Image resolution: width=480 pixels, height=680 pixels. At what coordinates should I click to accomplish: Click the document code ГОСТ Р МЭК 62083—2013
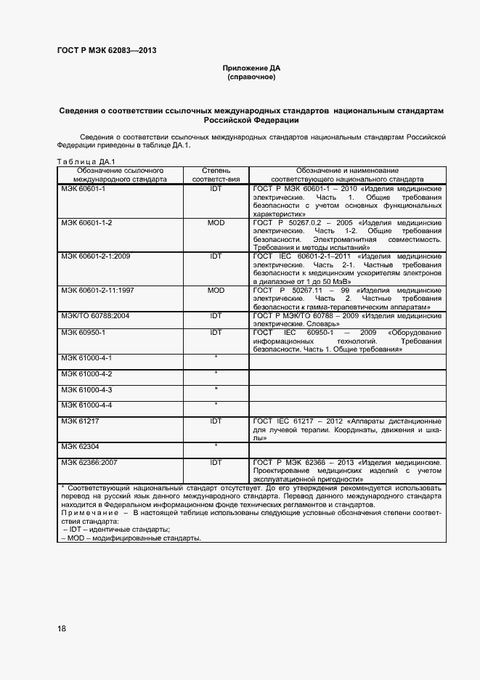[106, 50]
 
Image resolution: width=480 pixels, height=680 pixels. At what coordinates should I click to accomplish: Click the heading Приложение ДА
[251, 68]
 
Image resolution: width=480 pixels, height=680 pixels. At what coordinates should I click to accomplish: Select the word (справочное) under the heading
[251, 77]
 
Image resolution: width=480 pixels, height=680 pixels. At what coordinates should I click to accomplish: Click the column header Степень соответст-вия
[216, 174]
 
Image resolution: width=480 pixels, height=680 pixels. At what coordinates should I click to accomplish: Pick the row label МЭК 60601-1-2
[86, 222]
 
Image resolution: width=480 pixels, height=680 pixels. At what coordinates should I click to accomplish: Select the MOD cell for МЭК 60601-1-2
[216, 222]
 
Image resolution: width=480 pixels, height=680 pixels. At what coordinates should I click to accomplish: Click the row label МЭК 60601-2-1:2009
[95, 256]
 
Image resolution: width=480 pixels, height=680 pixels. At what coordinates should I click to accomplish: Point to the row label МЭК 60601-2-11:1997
[97, 291]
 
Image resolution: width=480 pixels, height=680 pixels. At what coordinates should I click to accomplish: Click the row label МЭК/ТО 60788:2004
[94, 316]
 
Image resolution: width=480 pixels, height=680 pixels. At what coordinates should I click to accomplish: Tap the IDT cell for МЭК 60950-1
[216, 333]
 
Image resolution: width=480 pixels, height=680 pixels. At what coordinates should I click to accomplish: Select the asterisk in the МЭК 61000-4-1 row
[216, 358]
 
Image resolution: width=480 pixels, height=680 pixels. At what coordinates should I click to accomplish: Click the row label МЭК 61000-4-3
[86, 390]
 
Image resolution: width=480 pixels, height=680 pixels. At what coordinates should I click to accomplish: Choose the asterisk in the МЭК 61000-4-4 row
[216, 405]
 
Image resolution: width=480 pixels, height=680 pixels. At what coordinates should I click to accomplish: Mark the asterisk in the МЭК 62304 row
[216, 445]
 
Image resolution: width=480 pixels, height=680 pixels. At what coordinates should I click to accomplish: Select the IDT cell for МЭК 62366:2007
[216, 462]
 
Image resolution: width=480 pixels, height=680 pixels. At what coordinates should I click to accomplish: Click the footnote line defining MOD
[131, 538]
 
